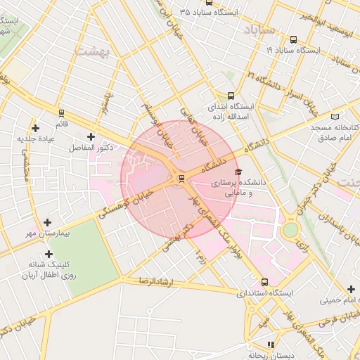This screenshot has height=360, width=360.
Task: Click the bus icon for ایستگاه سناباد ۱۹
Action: (x=293, y=40)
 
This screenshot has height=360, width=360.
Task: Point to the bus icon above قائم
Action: (x=62, y=113)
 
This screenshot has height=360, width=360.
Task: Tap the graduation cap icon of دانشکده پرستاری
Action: (x=238, y=172)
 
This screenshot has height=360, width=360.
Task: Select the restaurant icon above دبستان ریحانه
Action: (x=271, y=345)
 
